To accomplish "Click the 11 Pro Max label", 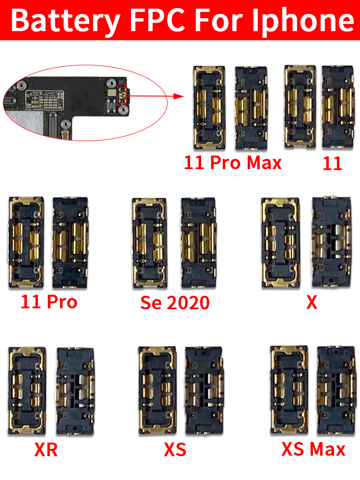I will point(233,163).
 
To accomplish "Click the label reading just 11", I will point(332,164).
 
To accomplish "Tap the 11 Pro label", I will point(49,302).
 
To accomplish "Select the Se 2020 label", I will point(175,303).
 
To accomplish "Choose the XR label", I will point(47,450).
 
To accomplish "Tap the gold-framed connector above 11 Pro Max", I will point(209,107).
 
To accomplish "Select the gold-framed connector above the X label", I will point(280,243).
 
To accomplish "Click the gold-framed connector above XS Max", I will point(289,390).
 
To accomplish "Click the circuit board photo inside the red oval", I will point(67,103).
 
